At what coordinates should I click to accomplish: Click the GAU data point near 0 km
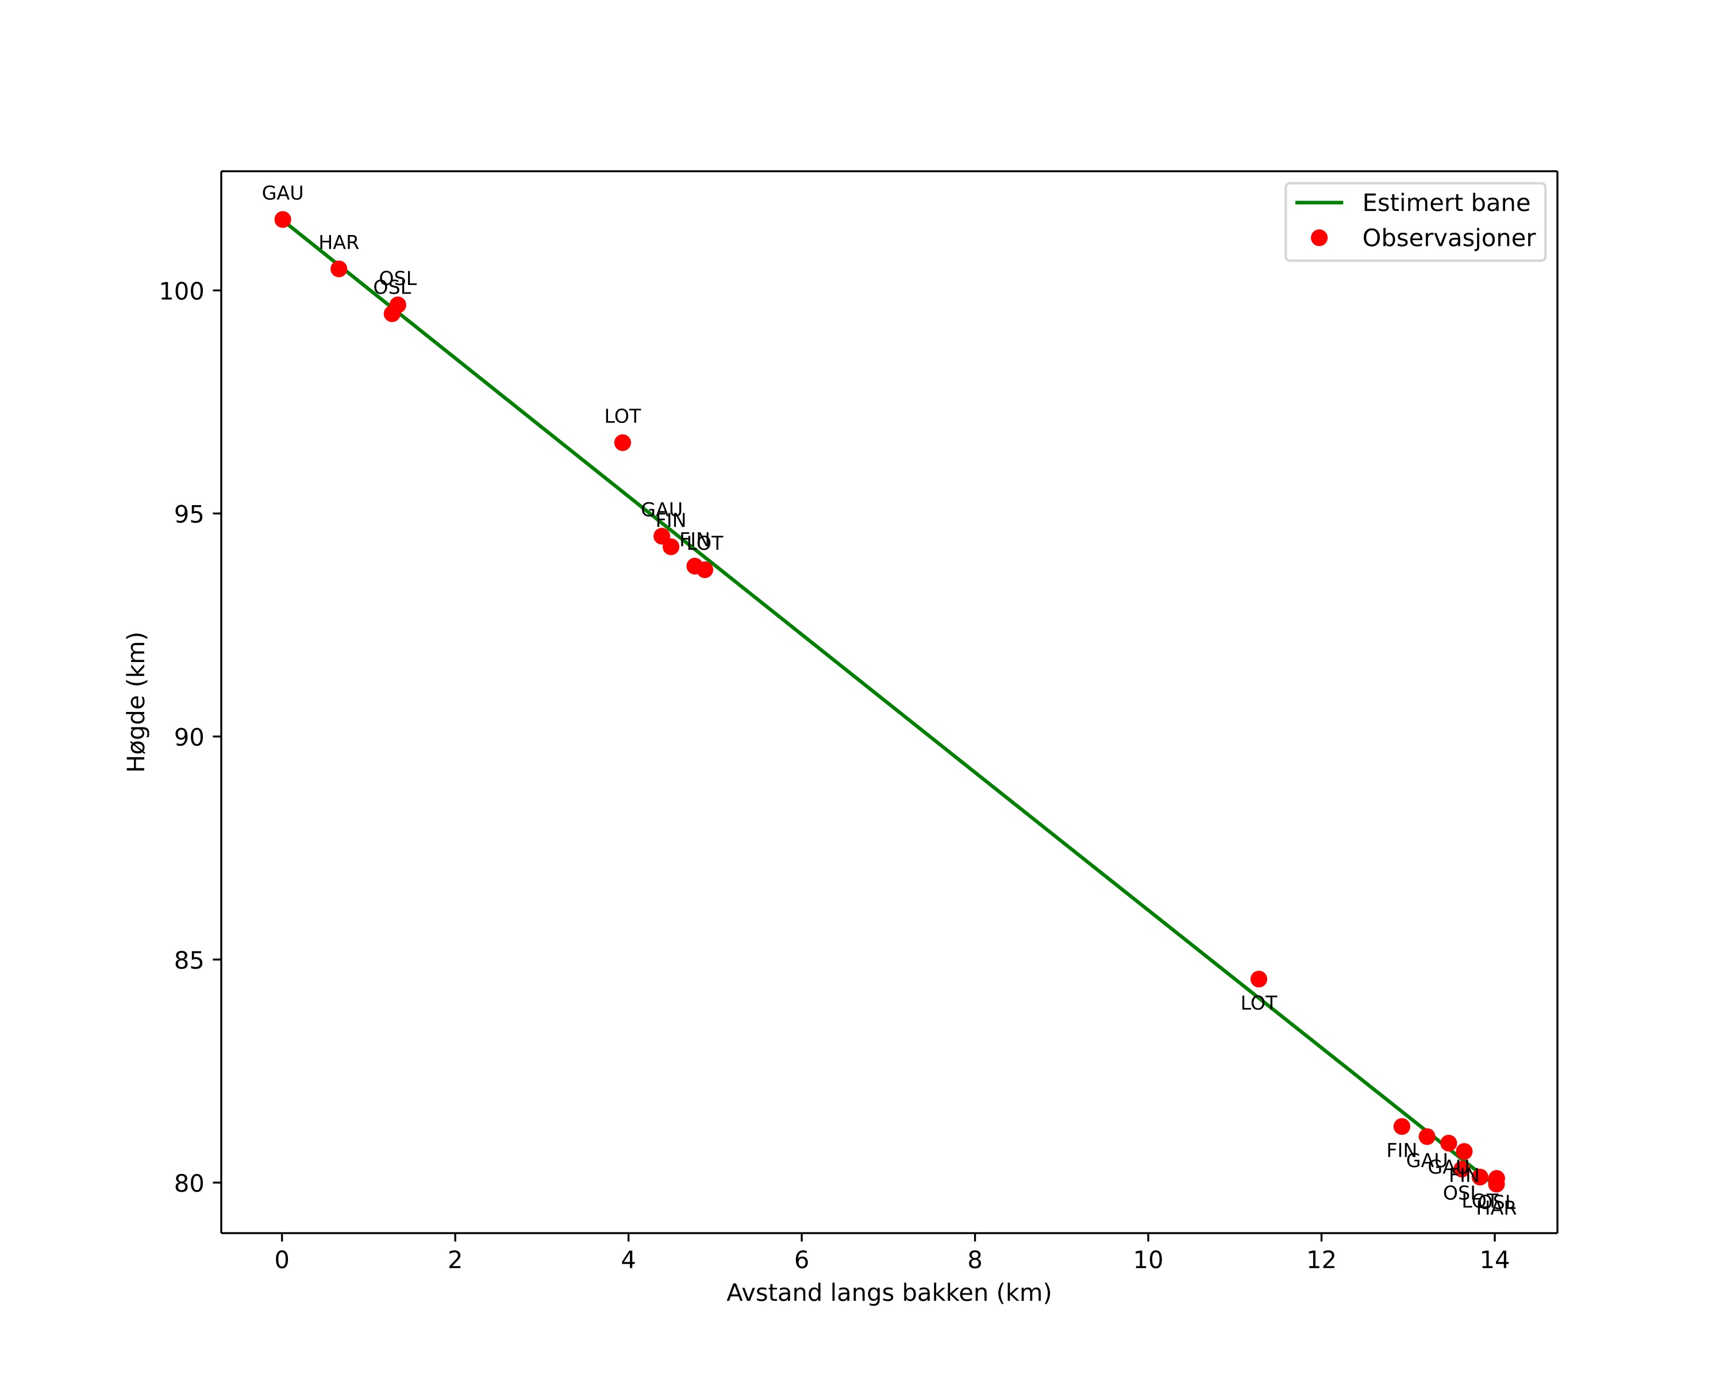tap(282, 220)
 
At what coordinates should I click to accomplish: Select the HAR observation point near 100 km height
tap(339, 269)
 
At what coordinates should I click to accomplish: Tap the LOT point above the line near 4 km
tap(622, 442)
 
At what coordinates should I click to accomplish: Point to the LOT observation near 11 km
tap(1259, 979)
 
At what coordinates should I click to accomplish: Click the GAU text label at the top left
tap(282, 194)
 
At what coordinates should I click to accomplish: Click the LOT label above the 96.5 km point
tap(622, 417)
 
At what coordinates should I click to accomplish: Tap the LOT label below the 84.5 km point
tap(1259, 1004)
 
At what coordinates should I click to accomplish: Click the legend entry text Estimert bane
tap(1445, 203)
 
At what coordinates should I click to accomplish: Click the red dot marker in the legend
tap(1319, 237)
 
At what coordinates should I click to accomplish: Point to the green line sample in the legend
tap(1319, 203)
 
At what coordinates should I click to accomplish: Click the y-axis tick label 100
tap(181, 291)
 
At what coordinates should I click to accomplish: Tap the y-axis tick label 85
tap(188, 960)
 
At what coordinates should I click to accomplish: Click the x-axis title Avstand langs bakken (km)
tap(888, 1293)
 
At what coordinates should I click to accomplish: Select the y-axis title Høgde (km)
tap(137, 702)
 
